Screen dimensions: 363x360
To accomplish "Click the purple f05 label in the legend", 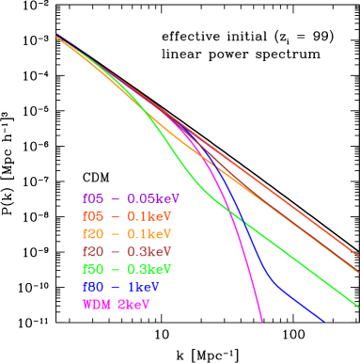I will [93, 198].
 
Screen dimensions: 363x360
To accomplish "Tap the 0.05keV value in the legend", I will [153, 198].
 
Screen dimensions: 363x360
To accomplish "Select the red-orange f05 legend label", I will [93, 216].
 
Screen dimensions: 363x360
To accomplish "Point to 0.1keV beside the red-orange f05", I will [149, 216].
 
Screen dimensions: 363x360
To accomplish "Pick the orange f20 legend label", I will [93, 233].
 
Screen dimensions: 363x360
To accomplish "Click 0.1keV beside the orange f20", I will [149, 233].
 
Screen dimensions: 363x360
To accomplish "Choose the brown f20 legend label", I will [93, 251].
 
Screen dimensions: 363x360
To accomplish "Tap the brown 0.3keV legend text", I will [149, 251].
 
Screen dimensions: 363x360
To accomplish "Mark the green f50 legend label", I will [93, 269].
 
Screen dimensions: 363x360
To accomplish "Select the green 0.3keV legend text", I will [149, 269].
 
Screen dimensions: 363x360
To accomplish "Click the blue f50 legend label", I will [93, 286].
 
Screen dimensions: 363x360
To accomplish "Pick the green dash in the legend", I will [116, 269].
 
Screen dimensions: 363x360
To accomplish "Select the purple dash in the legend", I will [116, 198].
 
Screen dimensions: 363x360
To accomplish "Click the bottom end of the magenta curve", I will [261, 321].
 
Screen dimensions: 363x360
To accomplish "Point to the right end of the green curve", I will [358, 306].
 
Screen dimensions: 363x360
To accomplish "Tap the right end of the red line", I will [358, 255].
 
